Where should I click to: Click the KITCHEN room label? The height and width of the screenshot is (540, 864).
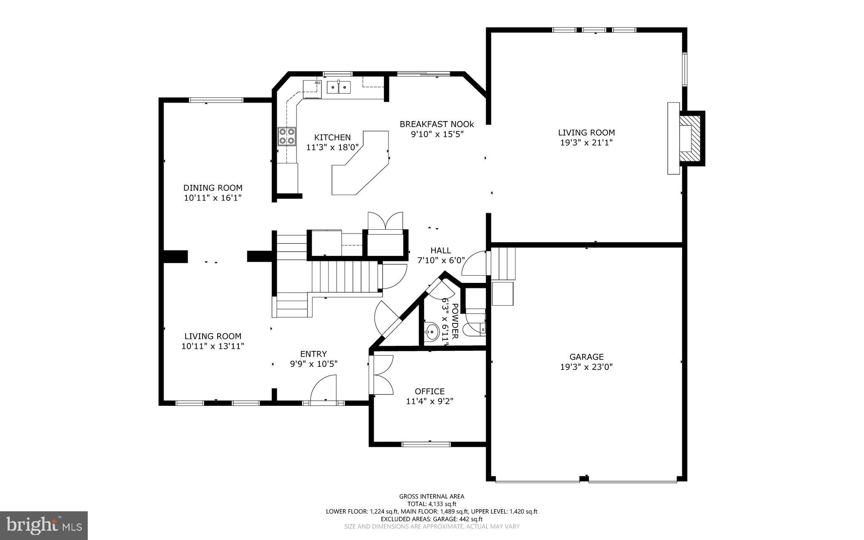click(332, 137)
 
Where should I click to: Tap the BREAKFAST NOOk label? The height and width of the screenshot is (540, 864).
click(437, 124)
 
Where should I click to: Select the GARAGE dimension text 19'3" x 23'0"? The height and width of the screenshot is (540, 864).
click(586, 367)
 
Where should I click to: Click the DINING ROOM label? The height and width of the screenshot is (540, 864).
click(213, 188)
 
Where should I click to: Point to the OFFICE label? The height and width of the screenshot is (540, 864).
click(429, 391)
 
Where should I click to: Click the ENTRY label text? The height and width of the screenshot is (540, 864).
click(313, 354)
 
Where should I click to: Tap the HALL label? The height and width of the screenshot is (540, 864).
click(441, 250)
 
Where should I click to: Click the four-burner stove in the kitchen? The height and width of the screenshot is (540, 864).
click(286, 136)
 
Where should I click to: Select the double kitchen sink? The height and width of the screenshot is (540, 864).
click(339, 87)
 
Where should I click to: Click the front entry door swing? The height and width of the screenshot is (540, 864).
click(324, 390)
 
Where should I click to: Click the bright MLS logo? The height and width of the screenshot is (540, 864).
click(44, 526)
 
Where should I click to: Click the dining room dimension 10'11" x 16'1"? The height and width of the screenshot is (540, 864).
click(213, 198)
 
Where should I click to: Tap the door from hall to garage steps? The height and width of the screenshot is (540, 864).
click(474, 263)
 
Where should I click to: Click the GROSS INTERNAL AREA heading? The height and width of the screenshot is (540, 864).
click(432, 497)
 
